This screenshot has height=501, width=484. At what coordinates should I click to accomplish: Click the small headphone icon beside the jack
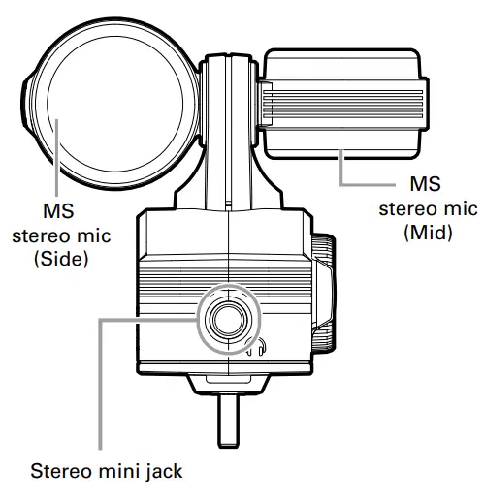[x=259, y=346]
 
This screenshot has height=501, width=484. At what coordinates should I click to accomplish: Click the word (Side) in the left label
[x=59, y=259]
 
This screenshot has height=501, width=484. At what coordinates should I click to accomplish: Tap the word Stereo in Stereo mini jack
[x=60, y=473]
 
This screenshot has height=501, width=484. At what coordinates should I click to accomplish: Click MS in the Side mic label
[x=59, y=211]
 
